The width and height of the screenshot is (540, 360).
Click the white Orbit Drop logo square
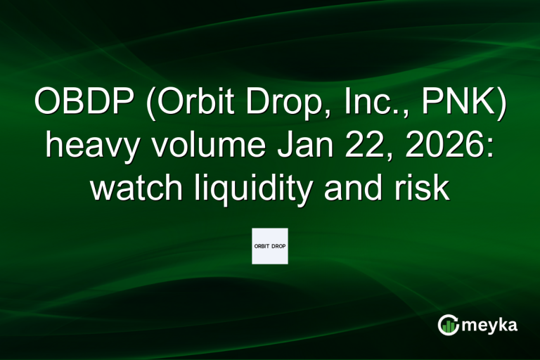[x=270, y=246]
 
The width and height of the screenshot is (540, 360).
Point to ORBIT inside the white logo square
[x=262, y=246]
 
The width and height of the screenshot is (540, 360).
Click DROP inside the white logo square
[x=278, y=246]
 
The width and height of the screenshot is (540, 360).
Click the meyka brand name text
[x=491, y=325]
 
